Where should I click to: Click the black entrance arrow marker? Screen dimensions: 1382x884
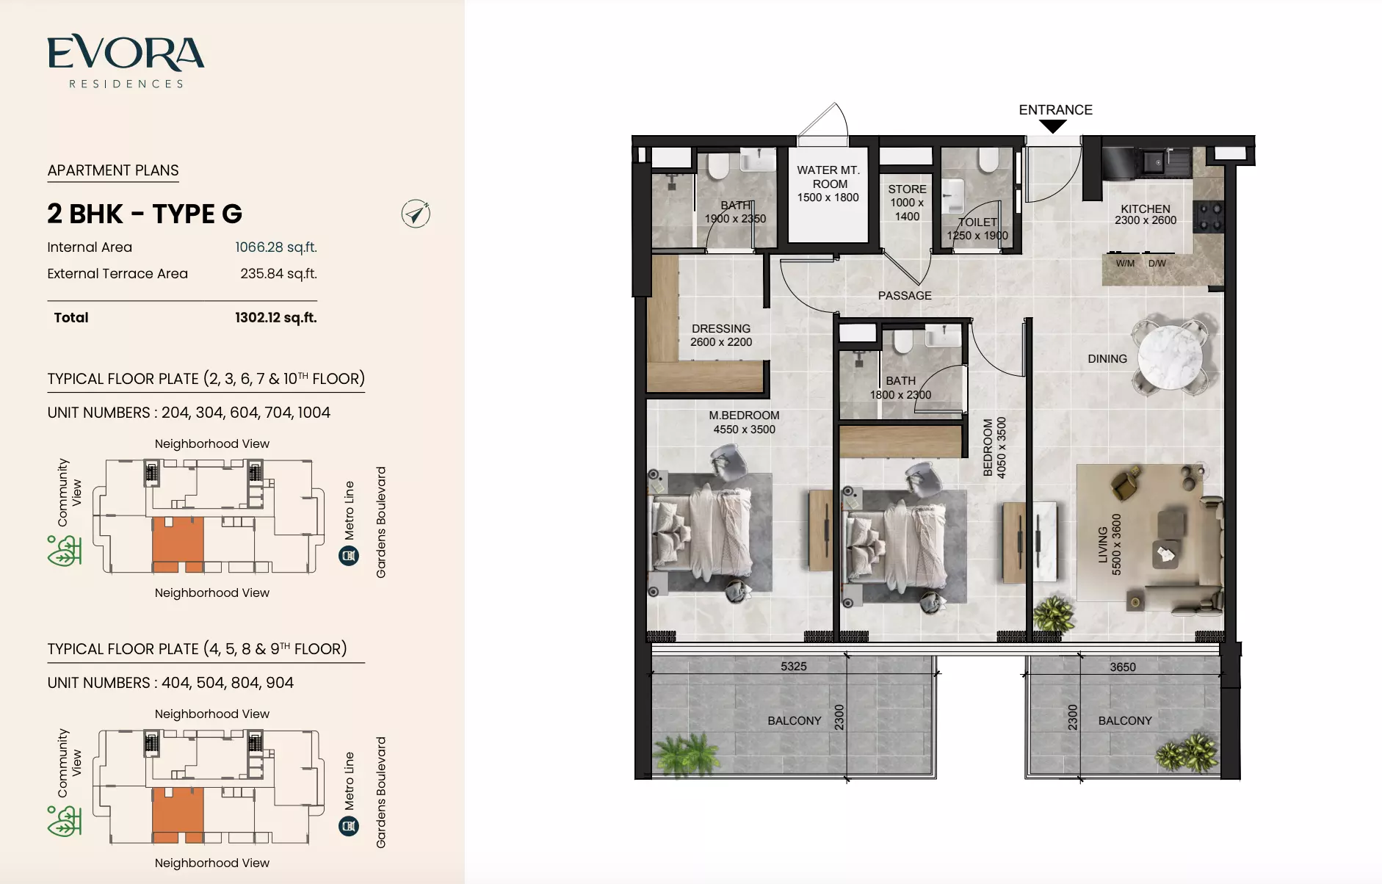(1053, 126)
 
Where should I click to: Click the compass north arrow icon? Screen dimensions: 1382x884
(416, 214)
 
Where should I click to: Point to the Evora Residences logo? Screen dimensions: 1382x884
(126, 62)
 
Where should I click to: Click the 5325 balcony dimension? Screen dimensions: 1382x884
(793, 667)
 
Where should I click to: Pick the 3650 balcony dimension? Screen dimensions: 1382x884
(1123, 667)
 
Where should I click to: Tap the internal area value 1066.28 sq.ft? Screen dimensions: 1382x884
(276, 247)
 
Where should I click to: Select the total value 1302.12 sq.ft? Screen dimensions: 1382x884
(276, 318)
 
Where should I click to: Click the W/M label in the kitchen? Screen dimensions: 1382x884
(1125, 264)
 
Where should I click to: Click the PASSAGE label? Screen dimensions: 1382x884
(905, 296)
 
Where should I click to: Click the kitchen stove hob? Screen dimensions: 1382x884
(1209, 217)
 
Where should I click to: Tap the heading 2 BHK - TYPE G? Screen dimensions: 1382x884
(145, 214)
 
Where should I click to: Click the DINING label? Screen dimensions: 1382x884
(1107, 359)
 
